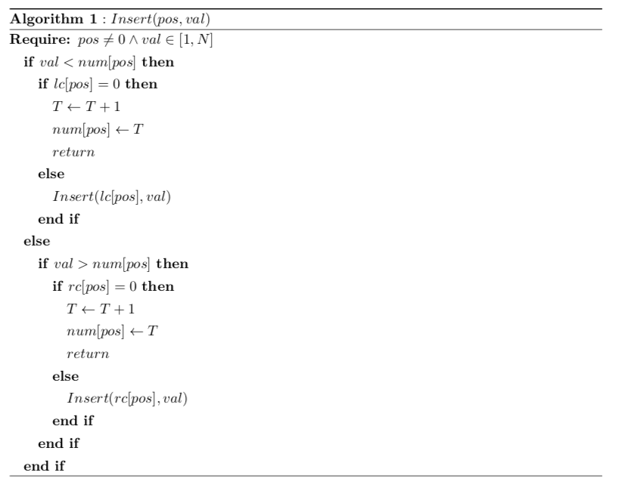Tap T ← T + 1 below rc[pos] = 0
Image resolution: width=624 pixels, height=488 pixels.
[x=95, y=310]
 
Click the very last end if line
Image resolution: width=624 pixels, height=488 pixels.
[x=44, y=466]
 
